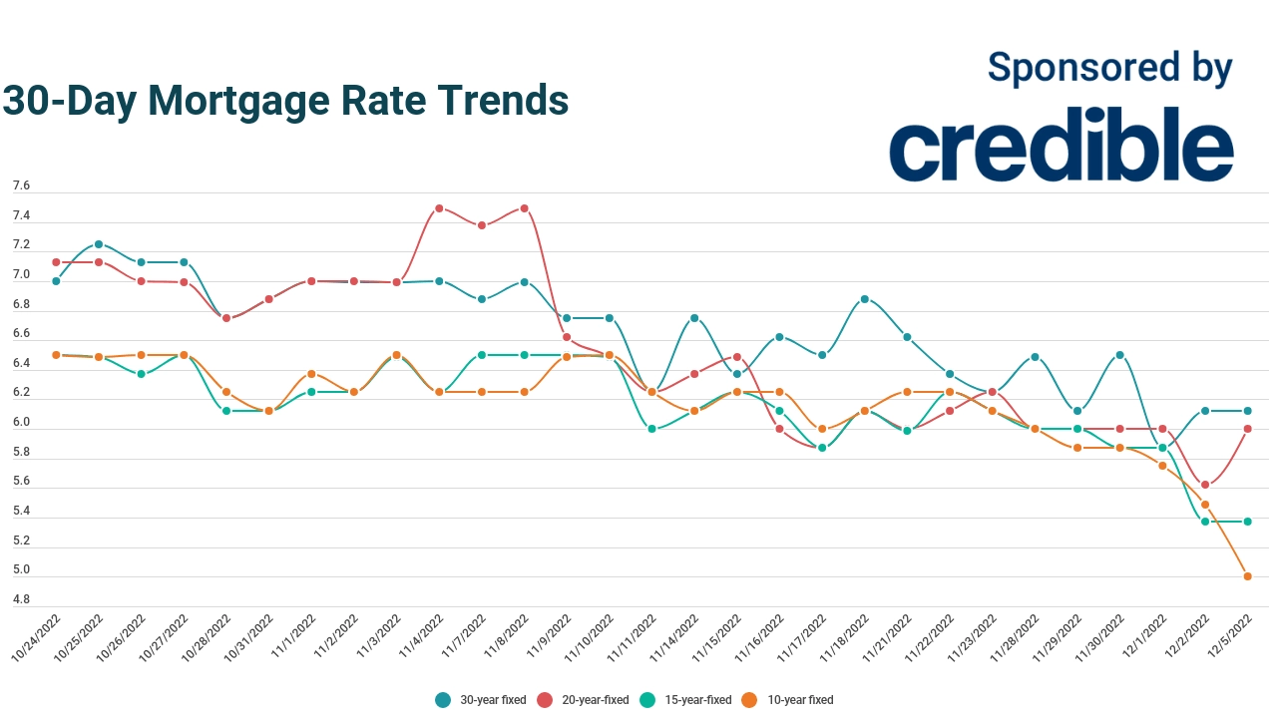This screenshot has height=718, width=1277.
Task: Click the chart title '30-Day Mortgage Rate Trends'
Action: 285,101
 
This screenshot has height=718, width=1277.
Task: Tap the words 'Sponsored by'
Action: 1109,68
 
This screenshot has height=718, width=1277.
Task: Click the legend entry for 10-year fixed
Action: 788,700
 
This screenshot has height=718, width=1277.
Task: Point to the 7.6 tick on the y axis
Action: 21,186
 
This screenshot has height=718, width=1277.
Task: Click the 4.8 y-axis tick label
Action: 21,600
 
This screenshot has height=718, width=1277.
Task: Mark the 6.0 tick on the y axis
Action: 21,423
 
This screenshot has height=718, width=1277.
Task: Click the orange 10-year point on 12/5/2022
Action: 1247,576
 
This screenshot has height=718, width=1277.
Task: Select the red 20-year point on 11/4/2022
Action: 439,208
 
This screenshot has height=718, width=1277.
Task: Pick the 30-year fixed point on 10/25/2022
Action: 99,244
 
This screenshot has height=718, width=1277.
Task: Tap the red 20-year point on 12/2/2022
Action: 1205,485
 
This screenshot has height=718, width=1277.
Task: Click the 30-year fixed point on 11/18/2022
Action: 865,299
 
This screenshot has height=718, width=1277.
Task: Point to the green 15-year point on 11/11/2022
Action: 651,429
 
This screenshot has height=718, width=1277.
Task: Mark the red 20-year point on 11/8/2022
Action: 524,208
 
